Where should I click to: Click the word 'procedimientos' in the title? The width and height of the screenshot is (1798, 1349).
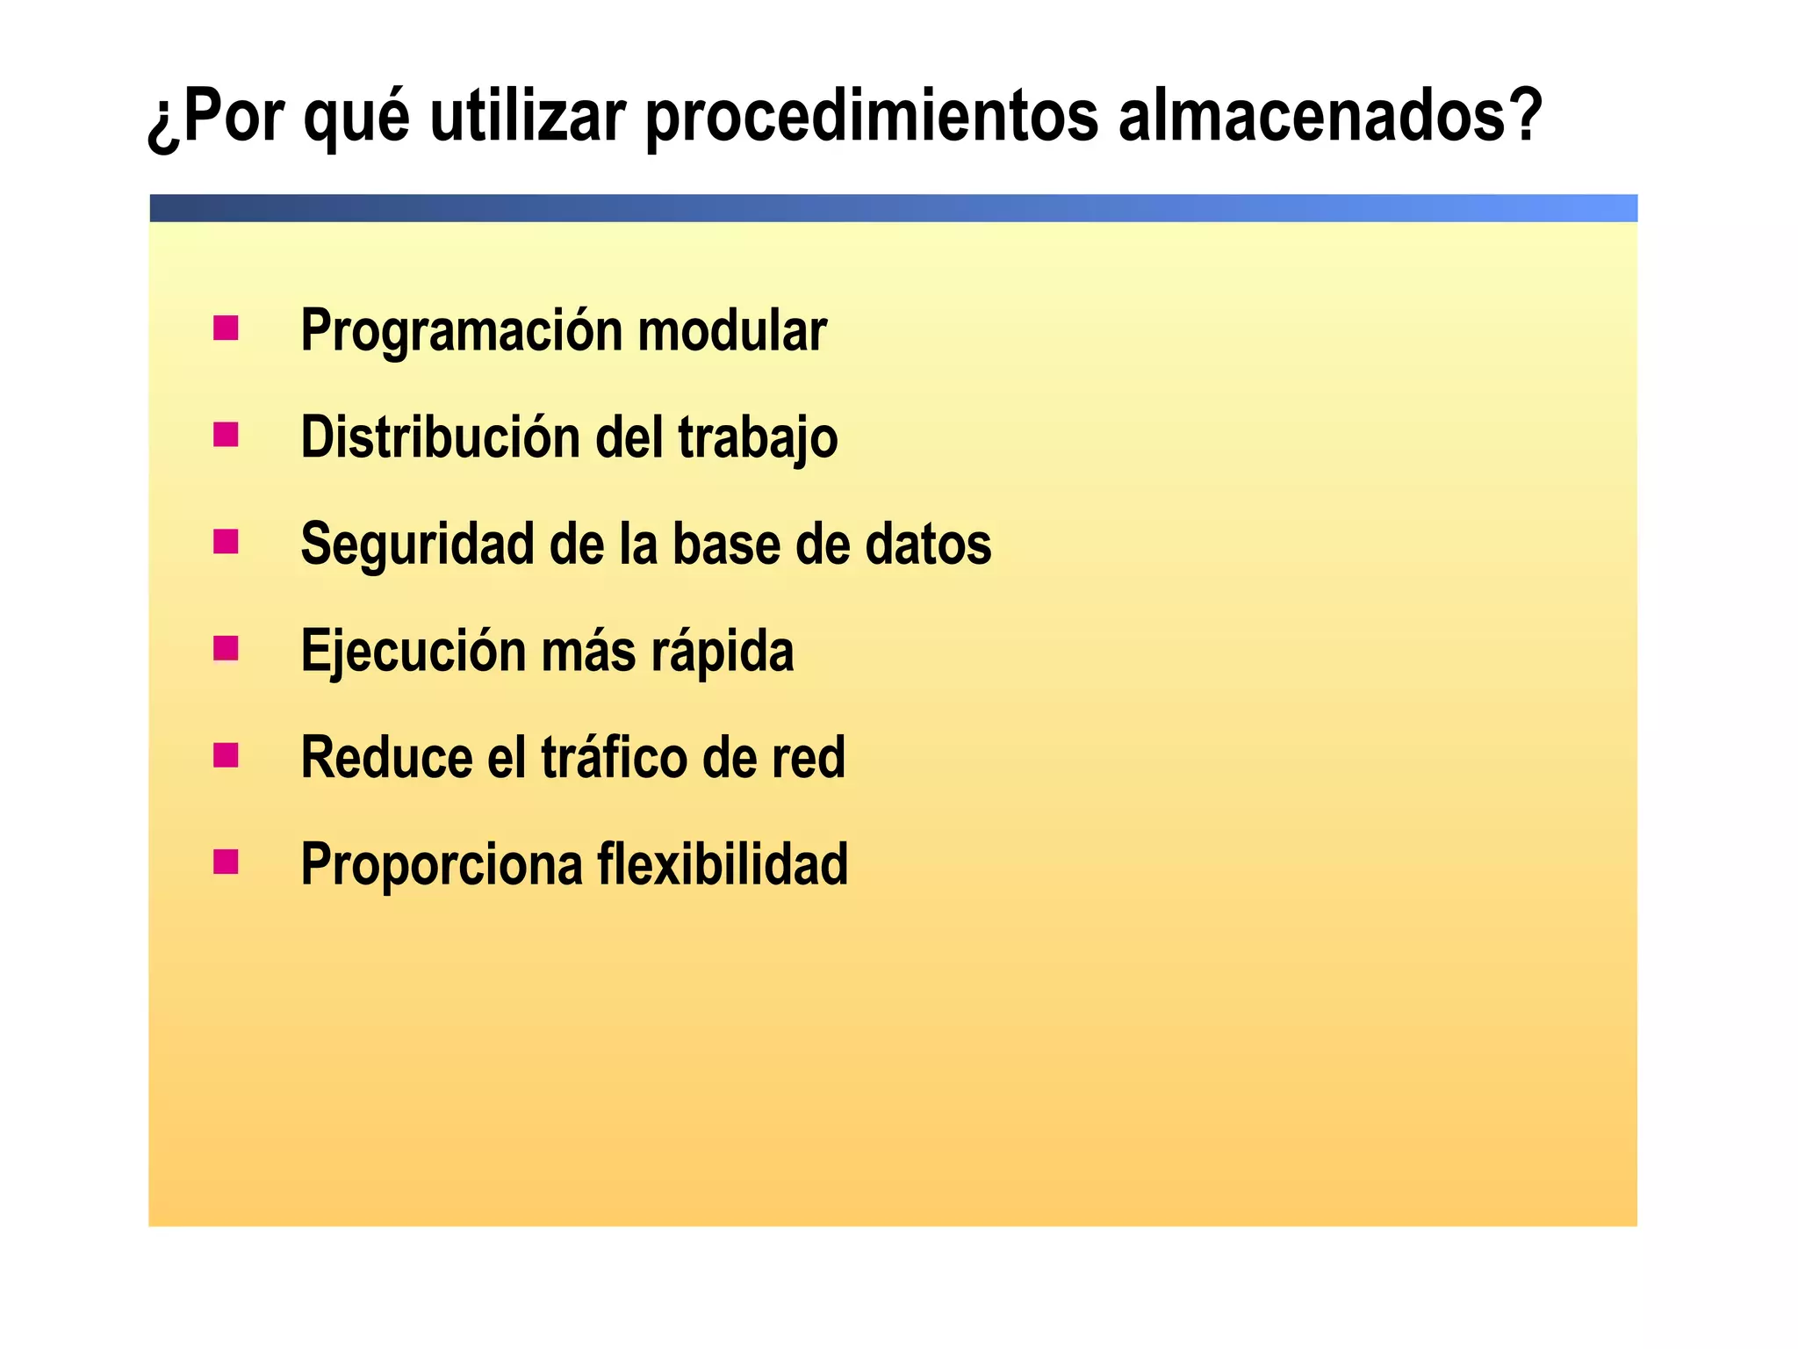coord(871,118)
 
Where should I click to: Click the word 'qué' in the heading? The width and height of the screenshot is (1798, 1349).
coord(356,118)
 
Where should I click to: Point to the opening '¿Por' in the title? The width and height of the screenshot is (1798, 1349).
coord(216,118)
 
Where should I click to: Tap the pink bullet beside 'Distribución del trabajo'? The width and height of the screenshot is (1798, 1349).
coord(226,435)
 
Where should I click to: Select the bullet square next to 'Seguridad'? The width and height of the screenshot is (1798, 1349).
coord(226,542)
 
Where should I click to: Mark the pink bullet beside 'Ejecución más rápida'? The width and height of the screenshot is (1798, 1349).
coord(226,648)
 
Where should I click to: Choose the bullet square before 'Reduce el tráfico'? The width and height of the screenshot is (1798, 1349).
coord(226,755)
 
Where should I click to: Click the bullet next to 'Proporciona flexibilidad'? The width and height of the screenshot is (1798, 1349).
coord(226,862)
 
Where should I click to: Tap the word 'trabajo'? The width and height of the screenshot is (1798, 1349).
coord(758,437)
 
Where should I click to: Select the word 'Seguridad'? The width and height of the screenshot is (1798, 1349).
coord(417,545)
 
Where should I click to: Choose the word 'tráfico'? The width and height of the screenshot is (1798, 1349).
coord(614,757)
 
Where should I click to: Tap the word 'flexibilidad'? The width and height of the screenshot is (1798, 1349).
coord(723,864)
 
